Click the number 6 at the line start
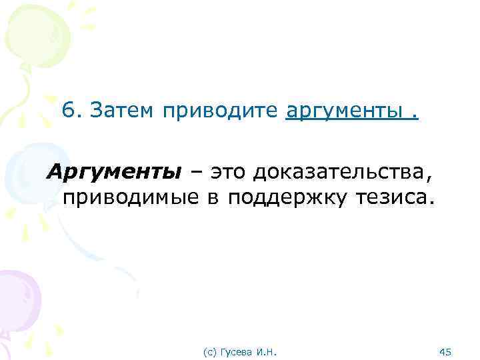[68, 109]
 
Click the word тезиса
[396, 198]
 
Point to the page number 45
[447, 351]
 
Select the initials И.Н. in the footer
[266, 351]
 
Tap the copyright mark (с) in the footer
[209, 351]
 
